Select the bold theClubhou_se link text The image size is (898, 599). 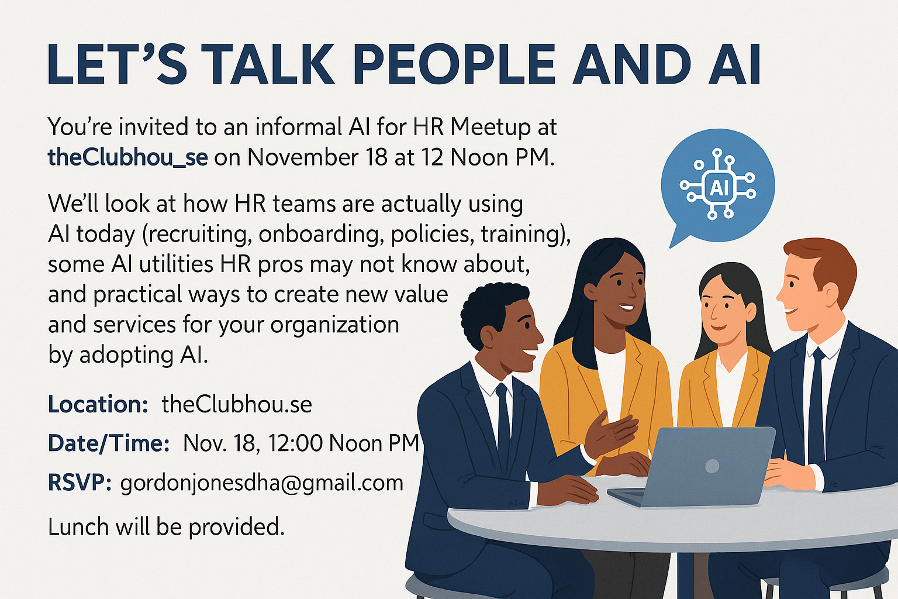[127, 157]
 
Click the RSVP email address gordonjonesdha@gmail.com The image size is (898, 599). [261, 483]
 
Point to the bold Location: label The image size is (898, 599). [98, 404]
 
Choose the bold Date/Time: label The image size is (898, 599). [109, 443]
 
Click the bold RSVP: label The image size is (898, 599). [80, 483]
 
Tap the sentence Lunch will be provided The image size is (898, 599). [166, 527]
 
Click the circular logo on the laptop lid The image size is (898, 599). [712, 466]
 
